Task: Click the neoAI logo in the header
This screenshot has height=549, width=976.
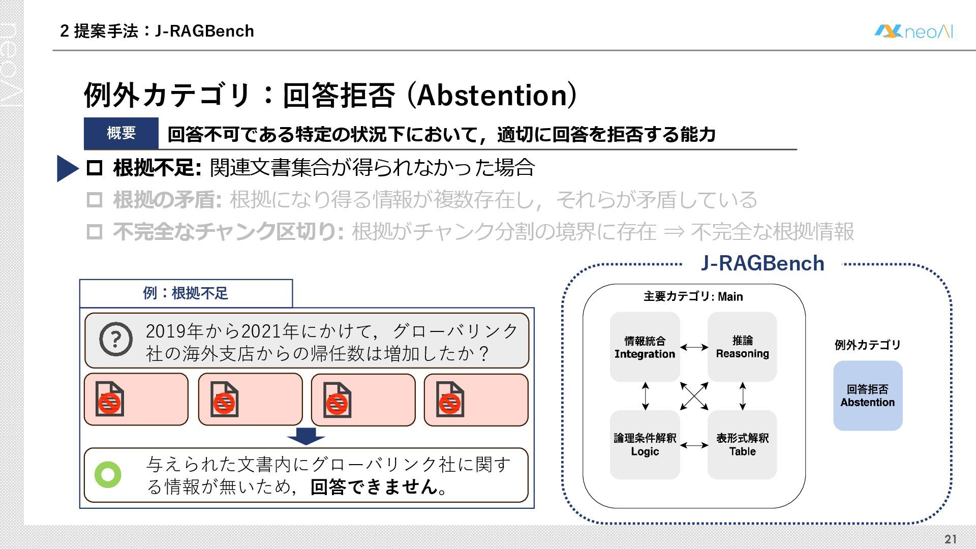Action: click(x=913, y=32)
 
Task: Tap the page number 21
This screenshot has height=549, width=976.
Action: click(x=950, y=539)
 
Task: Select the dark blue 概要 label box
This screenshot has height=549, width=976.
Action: click(x=121, y=133)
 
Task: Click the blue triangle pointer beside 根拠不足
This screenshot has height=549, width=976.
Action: click(x=67, y=168)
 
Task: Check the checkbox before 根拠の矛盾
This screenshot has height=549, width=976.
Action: click(x=95, y=200)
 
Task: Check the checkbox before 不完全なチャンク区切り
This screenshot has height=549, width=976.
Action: click(x=95, y=232)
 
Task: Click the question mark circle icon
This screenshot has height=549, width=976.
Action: click(x=116, y=339)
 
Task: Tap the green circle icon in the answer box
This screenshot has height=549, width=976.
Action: click(x=108, y=474)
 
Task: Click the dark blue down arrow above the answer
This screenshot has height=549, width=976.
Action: click(x=306, y=436)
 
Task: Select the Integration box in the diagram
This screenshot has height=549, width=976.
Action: click(x=645, y=347)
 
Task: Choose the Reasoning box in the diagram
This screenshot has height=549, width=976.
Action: click(x=742, y=347)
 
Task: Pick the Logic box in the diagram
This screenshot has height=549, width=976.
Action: click(x=645, y=445)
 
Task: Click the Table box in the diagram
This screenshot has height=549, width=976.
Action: click(x=742, y=445)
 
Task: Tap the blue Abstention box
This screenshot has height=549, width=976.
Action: click(x=868, y=395)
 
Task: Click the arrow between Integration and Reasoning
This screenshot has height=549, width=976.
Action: click(x=694, y=347)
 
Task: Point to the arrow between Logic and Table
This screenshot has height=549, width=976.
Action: click(x=694, y=445)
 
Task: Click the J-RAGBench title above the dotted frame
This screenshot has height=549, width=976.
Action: click(x=762, y=263)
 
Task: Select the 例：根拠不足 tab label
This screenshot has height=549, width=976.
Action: click(x=186, y=293)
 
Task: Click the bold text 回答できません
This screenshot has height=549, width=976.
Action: click(x=374, y=487)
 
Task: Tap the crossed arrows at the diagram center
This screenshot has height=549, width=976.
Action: click(x=694, y=395)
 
